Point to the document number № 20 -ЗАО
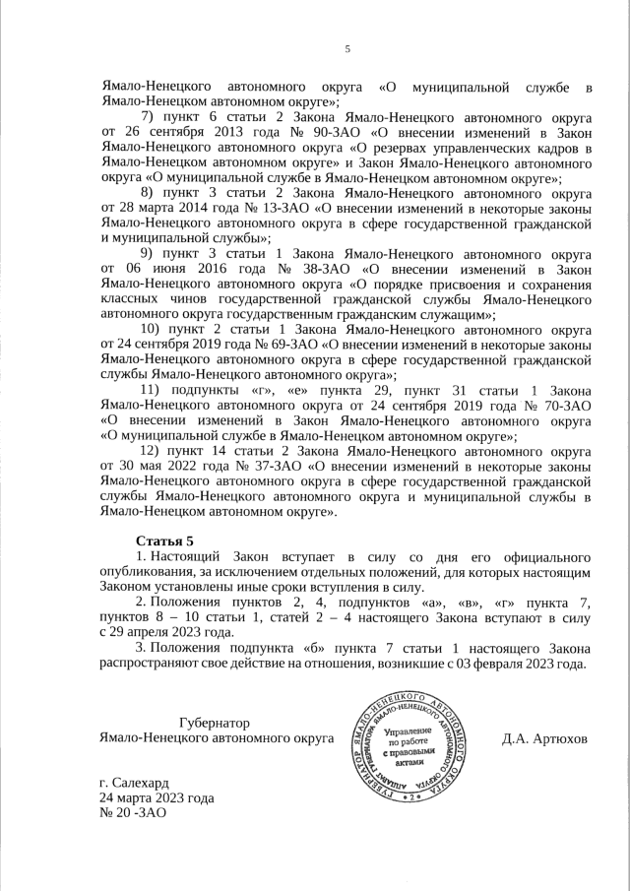click(x=133, y=814)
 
